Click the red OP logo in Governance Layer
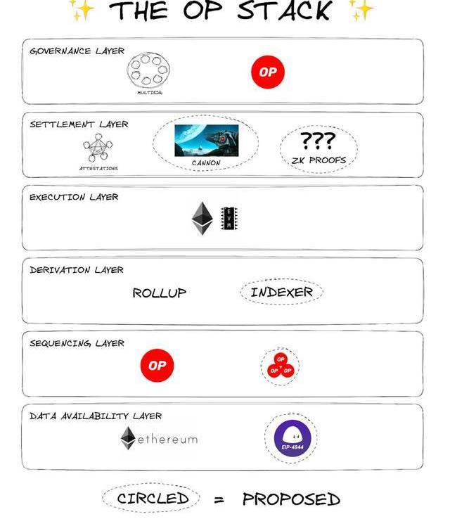[x=268, y=72]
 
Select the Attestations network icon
[x=98, y=150]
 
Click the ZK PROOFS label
[x=319, y=160]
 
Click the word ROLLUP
[x=160, y=293]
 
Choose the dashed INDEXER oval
[x=281, y=292]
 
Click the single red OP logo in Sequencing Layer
[x=157, y=366]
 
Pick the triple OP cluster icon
[x=281, y=366]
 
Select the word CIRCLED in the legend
[x=153, y=499]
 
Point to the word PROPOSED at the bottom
[x=291, y=499]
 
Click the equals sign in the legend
[x=219, y=500]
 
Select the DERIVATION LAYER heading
[x=77, y=270]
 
